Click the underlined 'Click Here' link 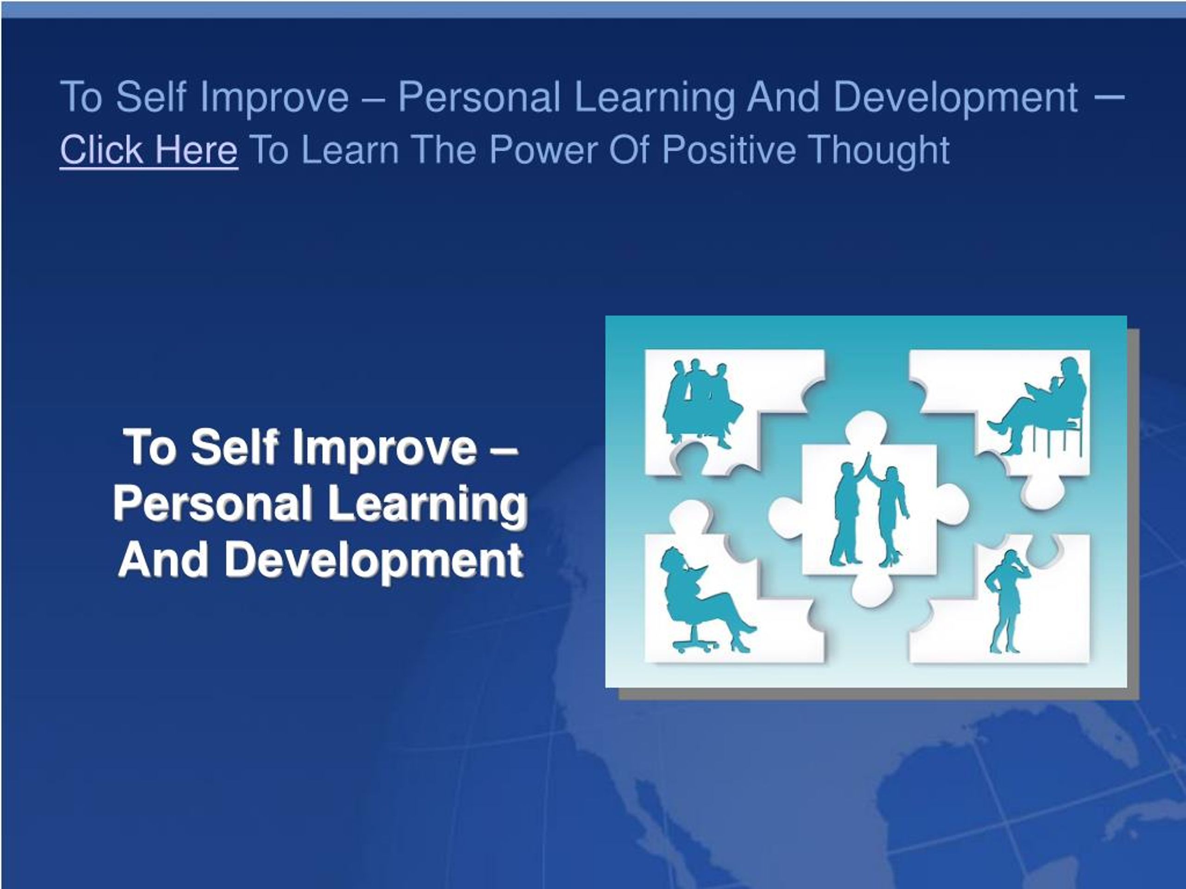tap(149, 150)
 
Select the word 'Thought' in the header tap(879, 150)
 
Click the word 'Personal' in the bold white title tap(213, 504)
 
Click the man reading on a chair tap(1037, 406)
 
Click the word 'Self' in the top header tap(151, 97)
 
